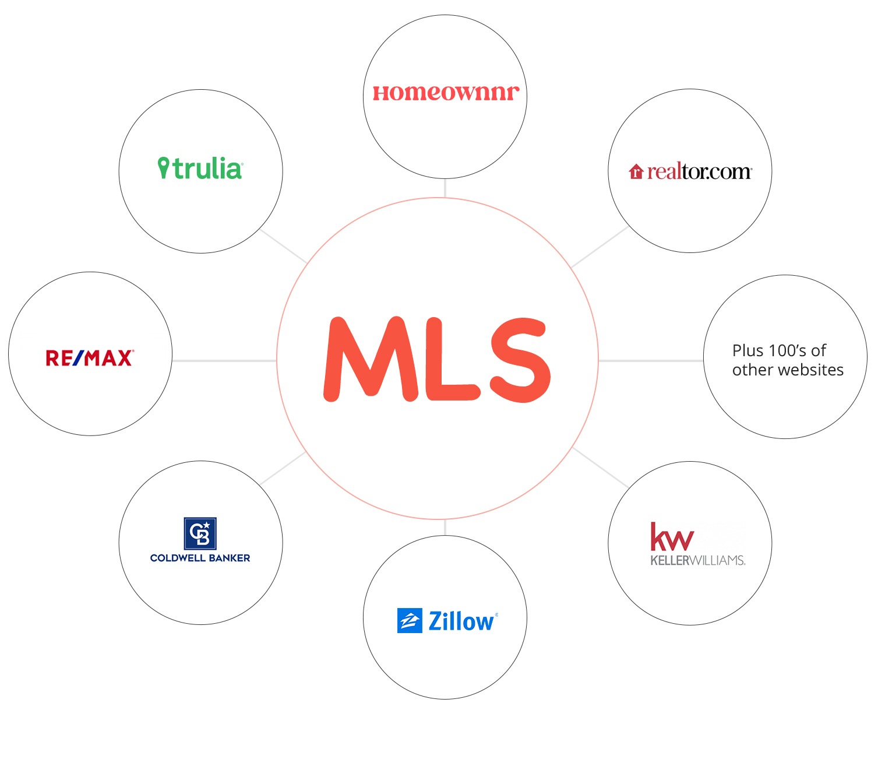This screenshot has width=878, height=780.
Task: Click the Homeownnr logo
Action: click(446, 92)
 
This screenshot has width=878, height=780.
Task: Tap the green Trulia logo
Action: click(200, 168)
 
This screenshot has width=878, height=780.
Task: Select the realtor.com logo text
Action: click(699, 172)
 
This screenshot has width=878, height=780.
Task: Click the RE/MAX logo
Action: click(90, 358)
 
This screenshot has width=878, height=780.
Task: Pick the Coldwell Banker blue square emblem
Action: click(200, 533)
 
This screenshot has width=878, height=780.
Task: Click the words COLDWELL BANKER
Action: click(200, 558)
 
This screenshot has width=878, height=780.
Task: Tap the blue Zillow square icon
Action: click(410, 620)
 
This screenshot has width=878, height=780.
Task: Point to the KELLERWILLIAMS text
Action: click(698, 560)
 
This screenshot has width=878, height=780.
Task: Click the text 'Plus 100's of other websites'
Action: click(788, 360)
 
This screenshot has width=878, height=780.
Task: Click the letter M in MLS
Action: click(371, 359)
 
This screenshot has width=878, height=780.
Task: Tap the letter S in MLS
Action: click(520, 360)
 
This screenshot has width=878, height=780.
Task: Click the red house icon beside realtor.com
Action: click(636, 171)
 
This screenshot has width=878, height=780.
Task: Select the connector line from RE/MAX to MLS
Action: click(224, 360)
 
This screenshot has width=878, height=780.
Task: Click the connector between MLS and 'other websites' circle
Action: click(650, 360)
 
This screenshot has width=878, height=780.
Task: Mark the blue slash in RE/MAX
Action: click(78, 358)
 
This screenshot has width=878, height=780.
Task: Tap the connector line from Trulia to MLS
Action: click(283, 246)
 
